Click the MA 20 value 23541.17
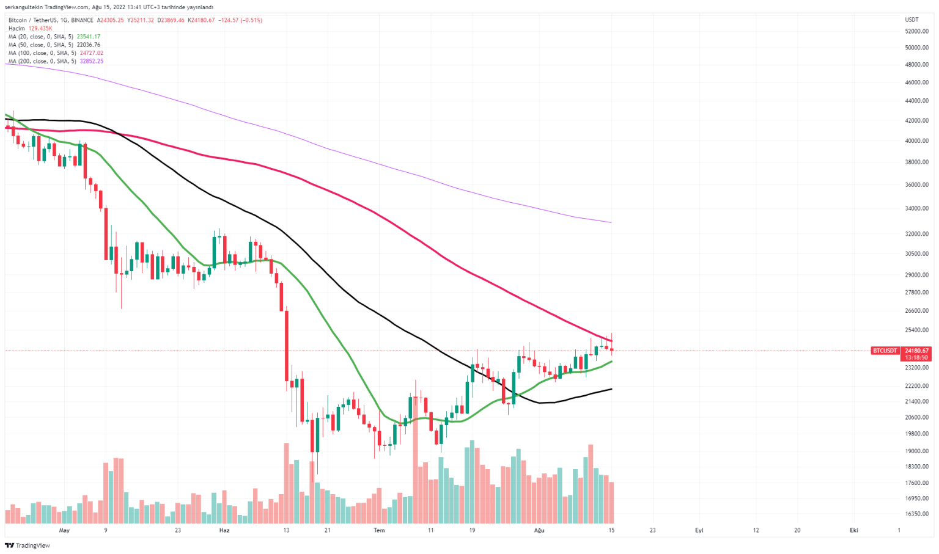pyautogui.click(x=88, y=37)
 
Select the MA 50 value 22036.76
pyautogui.click(x=88, y=45)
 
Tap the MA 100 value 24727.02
pyautogui.click(x=91, y=53)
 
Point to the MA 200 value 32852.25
pyautogui.click(x=91, y=61)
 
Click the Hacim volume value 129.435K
pyautogui.click(x=40, y=28)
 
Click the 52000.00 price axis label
pyautogui.click(x=916, y=31)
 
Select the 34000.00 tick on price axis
pyautogui.click(x=916, y=208)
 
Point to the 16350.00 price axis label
pyautogui.click(x=916, y=514)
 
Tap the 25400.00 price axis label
pyautogui.click(x=916, y=330)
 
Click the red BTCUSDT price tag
pyautogui.click(x=885, y=351)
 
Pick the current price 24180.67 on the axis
pyautogui.click(x=916, y=351)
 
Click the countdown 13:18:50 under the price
pyautogui.click(x=916, y=357)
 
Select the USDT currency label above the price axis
pyautogui.click(x=911, y=20)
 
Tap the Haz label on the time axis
pyautogui.click(x=224, y=530)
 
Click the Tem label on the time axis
pyautogui.click(x=379, y=530)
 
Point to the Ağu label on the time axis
pyautogui.click(x=539, y=530)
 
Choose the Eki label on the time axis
pyautogui.click(x=853, y=530)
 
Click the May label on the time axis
pyautogui.click(x=64, y=530)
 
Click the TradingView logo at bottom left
pyautogui.click(x=28, y=545)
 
